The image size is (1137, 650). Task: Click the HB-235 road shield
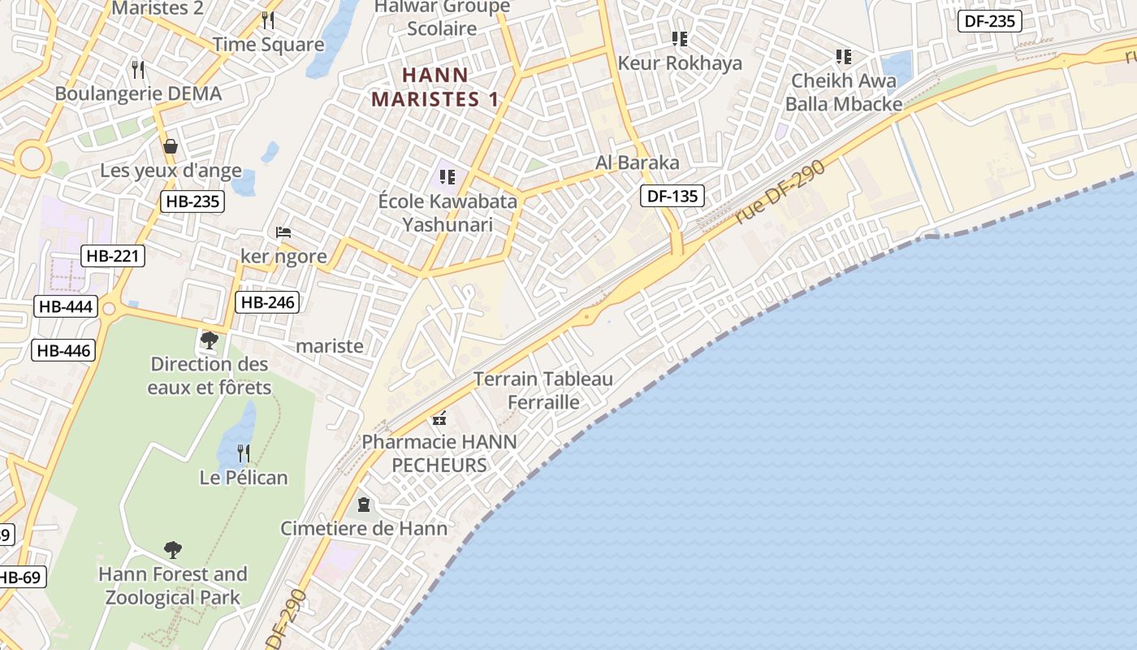point(192,201)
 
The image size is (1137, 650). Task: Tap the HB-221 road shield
point(113,256)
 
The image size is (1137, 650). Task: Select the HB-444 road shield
point(66,306)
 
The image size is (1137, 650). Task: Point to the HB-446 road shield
point(63,351)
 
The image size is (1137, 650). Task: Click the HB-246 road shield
point(267,303)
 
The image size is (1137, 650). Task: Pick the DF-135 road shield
point(672,195)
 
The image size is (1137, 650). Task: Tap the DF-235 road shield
point(989,21)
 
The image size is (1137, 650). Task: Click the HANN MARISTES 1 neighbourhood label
point(434,87)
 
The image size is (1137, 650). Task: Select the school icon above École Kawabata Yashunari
point(447,176)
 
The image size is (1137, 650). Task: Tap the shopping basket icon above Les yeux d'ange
point(171,146)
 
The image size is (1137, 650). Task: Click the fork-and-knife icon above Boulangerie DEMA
point(138,69)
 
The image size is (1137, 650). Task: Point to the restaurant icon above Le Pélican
point(243,453)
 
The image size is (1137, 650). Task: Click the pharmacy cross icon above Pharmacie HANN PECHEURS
point(439,419)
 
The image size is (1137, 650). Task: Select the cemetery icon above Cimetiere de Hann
point(363,505)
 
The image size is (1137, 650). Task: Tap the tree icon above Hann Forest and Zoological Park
point(172,550)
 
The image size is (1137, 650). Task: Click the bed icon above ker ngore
point(283,232)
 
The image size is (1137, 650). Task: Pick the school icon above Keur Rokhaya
point(680,38)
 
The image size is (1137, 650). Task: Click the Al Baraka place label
point(637,162)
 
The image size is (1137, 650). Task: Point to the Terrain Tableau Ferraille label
point(543,390)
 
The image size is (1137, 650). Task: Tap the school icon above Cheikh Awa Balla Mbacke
point(844,57)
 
